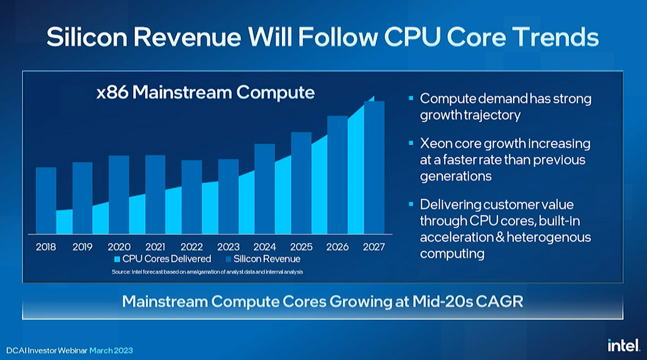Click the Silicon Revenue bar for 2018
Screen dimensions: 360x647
click(x=46, y=199)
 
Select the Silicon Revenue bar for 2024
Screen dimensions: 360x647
click(x=265, y=189)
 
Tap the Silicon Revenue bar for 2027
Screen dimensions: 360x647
click(x=374, y=167)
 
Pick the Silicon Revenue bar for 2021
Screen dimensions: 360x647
click(x=155, y=194)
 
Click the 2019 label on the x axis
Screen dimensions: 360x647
click(x=82, y=247)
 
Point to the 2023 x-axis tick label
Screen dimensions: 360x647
click(x=228, y=247)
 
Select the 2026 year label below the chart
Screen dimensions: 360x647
click(x=338, y=247)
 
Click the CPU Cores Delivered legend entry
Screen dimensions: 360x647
click(x=162, y=259)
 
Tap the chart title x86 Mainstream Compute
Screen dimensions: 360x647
click(x=205, y=92)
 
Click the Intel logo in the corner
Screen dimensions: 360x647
click(x=623, y=344)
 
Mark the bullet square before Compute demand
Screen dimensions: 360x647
click(x=411, y=99)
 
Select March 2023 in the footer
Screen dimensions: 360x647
click(x=111, y=350)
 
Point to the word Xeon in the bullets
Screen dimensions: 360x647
click(x=435, y=144)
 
